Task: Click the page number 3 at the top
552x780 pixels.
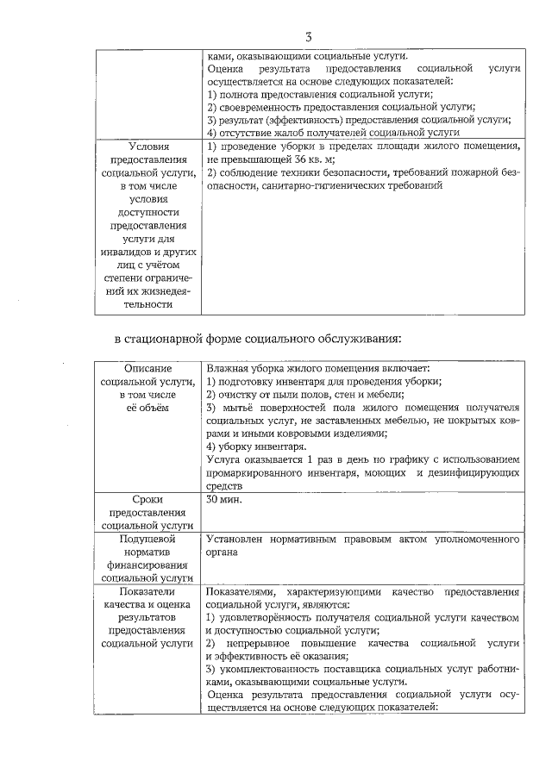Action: [308, 35]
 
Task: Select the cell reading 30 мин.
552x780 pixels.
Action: [224, 500]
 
